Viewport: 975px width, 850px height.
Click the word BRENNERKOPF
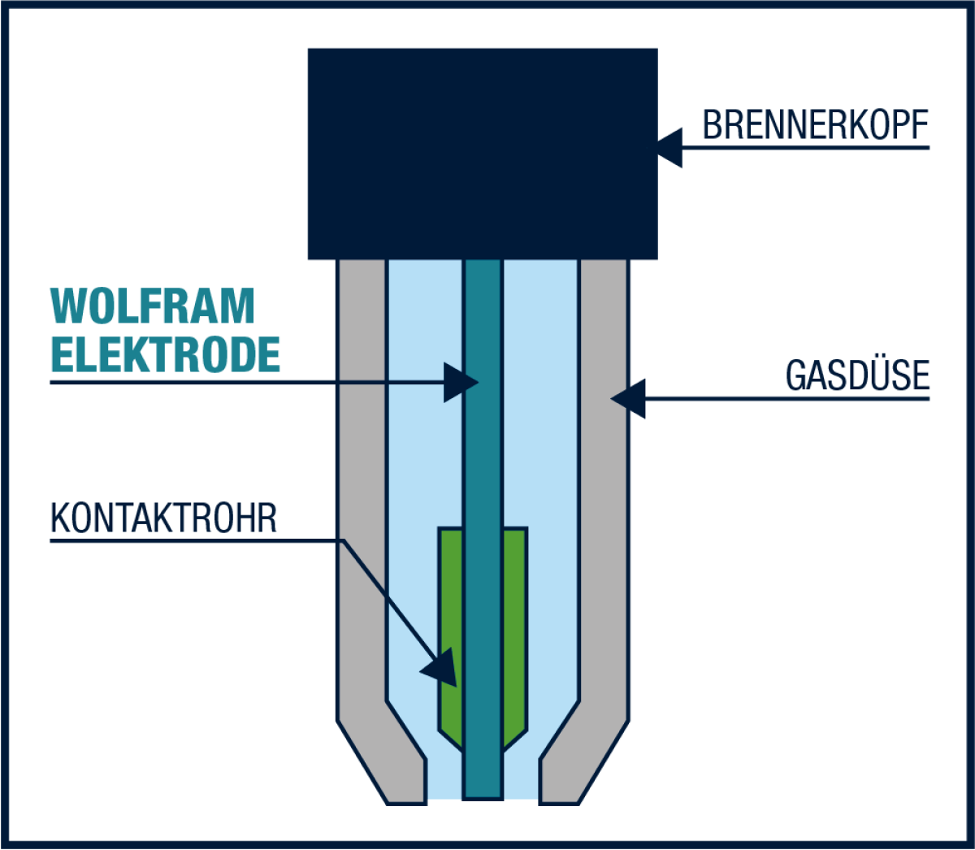[816, 124]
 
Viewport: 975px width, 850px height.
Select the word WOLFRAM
[153, 306]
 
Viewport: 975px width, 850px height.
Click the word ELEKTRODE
[165, 354]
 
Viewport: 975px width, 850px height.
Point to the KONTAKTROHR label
[163, 518]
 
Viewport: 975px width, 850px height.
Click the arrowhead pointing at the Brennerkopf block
[669, 148]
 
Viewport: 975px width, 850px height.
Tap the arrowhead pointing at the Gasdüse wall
[628, 399]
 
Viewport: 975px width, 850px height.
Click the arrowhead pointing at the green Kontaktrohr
[441, 668]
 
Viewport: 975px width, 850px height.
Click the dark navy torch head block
[483, 154]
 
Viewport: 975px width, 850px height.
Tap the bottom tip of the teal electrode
[483, 798]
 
